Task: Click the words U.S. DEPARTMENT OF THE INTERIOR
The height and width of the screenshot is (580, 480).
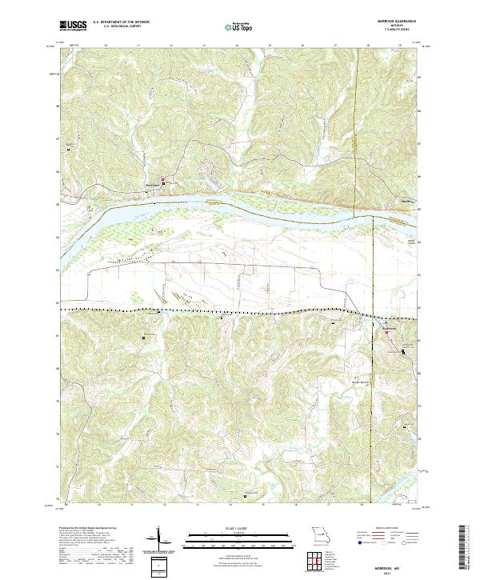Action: point(121,23)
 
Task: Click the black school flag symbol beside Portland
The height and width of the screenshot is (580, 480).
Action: point(165,182)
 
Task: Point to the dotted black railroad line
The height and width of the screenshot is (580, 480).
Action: point(200,309)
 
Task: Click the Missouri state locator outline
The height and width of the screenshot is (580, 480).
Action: point(320,534)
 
